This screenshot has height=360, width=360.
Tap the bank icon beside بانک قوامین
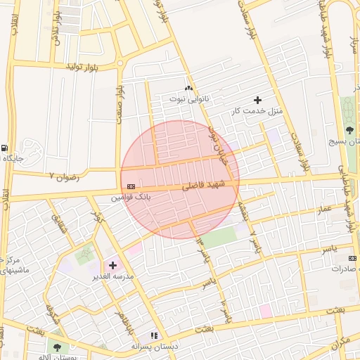point(130,186)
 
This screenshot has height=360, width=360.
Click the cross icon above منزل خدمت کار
point(257,100)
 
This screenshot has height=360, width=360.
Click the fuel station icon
point(6,148)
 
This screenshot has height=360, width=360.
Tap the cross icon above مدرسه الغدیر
point(112,265)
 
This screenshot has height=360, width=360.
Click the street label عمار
point(323,210)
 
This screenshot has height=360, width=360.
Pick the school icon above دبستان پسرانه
point(154,336)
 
